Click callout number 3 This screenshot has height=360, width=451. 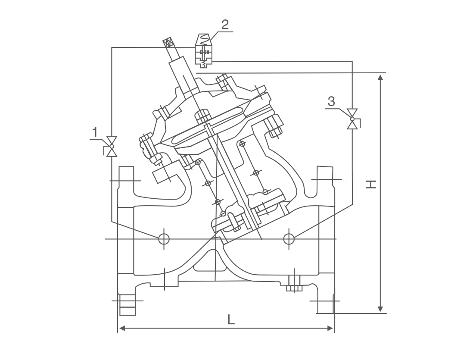coord(331,101)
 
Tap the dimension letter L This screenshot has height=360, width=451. coord(231,319)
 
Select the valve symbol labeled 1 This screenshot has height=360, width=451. coord(112,146)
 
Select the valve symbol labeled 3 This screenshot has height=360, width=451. coord(353,119)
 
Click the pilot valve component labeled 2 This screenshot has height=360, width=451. coord(204,51)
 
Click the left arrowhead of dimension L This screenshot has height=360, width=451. coord(122,329)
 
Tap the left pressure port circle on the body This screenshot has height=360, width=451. coord(164,238)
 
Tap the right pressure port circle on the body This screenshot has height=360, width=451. coord(289,238)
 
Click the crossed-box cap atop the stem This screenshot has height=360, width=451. coord(169,43)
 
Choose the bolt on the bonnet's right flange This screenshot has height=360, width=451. coord(275,125)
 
